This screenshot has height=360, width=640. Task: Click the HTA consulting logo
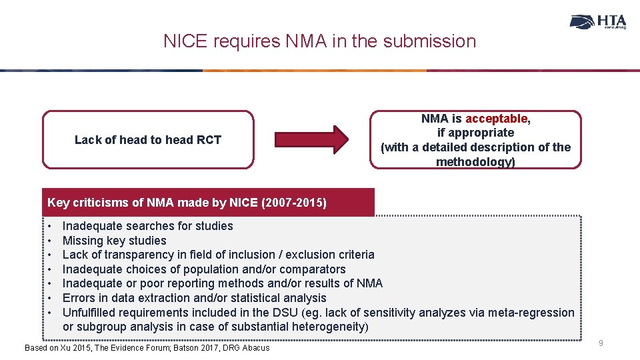[x=598, y=22]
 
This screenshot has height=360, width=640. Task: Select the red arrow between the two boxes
[x=323, y=139]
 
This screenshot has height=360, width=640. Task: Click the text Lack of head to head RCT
[x=147, y=139]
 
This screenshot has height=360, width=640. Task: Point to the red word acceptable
[x=497, y=119]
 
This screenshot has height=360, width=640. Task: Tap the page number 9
[x=601, y=343]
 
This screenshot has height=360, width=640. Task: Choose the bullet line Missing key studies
[x=114, y=241]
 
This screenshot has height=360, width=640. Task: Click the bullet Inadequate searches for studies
[x=147, y=226]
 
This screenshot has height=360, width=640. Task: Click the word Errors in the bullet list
[x=78, y=298]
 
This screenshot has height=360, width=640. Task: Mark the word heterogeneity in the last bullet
[x=330, y=327]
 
